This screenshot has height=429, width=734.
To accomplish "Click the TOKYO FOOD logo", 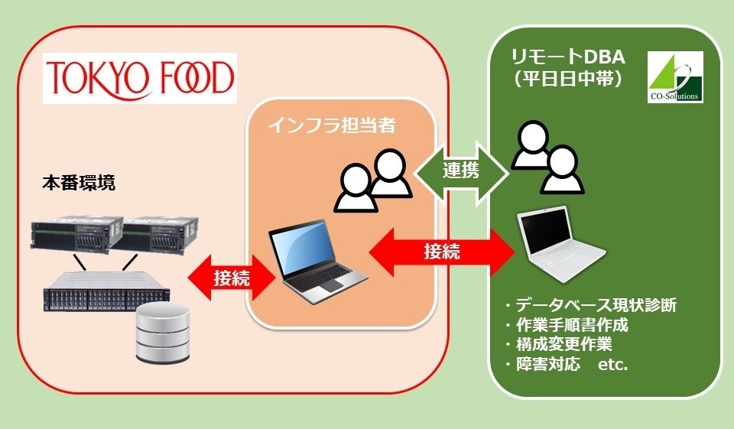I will (x=140, y=77).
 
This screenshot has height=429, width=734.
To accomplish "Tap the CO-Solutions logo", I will (x=674, y=77).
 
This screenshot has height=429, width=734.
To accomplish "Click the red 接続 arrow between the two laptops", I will (x=441, y=252).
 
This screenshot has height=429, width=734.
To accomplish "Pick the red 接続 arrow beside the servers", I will (x=229, y=278).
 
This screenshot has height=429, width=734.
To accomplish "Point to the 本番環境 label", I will (x=80, y=184).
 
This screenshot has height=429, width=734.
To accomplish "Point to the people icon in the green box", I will (x=544, y=158).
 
